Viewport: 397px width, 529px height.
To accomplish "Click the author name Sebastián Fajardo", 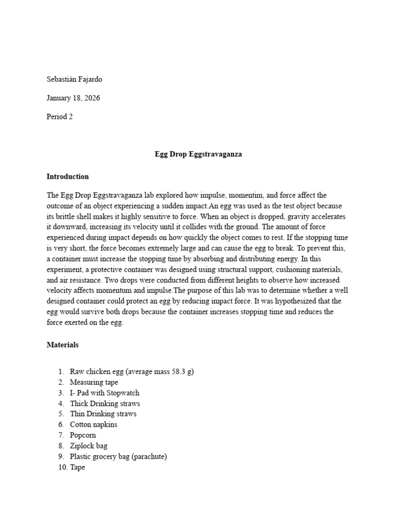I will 78,80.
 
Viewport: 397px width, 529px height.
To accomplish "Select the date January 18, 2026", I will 73,98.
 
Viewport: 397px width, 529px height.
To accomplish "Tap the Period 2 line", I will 59,117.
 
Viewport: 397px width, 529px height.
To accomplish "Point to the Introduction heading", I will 68,177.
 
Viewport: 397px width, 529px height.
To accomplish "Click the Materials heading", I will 63,344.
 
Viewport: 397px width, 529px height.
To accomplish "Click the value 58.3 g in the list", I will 179,372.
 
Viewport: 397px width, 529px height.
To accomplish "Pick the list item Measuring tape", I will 94,382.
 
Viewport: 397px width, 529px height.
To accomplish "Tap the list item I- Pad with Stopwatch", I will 105,393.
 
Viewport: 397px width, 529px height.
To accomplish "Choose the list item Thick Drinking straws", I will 105,403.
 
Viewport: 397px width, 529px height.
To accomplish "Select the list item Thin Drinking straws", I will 103,414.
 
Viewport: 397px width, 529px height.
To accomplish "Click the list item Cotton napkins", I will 94,425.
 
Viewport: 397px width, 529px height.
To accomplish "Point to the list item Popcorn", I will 83,435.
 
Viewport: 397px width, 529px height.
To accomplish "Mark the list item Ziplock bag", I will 89,445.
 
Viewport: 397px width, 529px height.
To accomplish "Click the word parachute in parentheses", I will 149,456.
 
